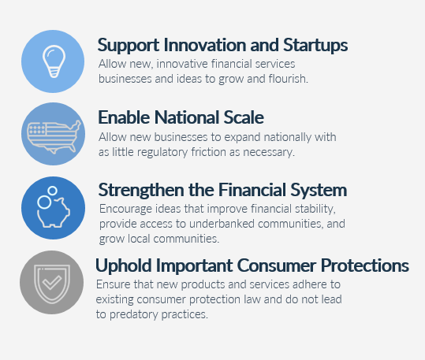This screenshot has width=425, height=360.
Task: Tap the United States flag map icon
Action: pyautogui.click(x=53, y=132)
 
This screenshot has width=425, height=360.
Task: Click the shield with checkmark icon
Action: pyautogui.click(x=51, y=282)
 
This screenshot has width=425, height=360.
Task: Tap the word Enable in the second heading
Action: pyautogui.click(x=124, y=117)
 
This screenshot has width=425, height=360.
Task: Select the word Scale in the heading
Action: pyautogui.click(x=241, y=117)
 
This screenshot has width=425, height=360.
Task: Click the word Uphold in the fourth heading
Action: pyautogui.click(x=121, y=265)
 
